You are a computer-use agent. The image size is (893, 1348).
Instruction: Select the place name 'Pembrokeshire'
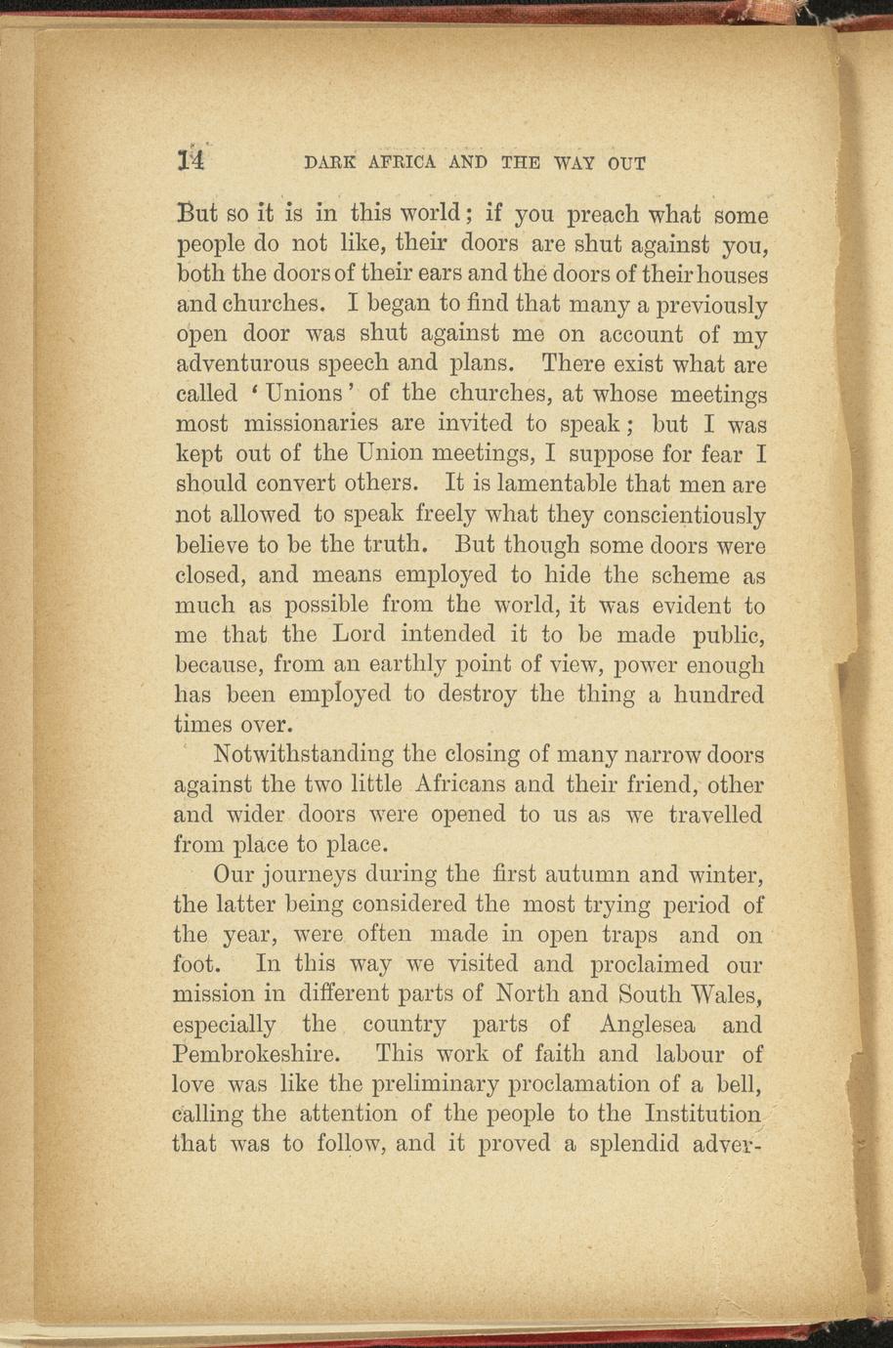point(255,1055)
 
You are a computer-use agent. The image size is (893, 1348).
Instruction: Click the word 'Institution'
point(702,1114)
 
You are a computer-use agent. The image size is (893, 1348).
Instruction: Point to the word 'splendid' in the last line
point(631,1143)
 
